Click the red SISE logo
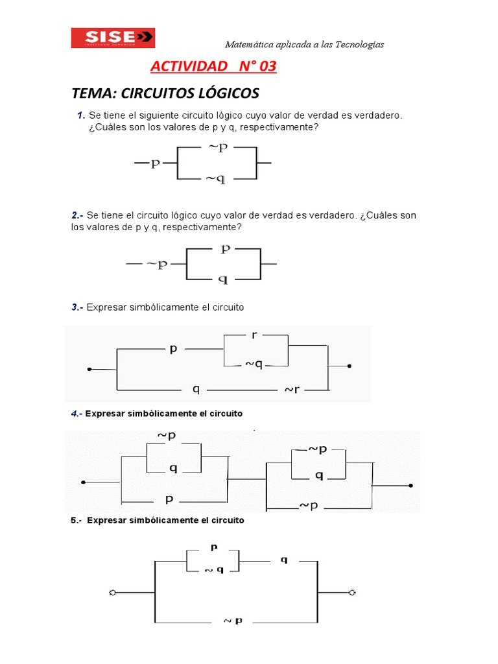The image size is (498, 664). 113,37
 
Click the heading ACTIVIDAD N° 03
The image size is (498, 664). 213,66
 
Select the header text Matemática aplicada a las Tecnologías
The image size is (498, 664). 304,44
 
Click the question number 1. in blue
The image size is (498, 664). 80,115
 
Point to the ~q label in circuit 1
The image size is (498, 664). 216,179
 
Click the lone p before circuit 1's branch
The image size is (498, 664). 156,163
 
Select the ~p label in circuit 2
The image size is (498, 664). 157,264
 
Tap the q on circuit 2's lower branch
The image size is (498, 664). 223,279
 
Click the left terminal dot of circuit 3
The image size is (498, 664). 89,369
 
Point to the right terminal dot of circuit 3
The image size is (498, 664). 350,366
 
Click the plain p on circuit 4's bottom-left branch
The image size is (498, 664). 169,499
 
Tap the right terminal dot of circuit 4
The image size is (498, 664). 410,484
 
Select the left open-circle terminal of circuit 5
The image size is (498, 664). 112,593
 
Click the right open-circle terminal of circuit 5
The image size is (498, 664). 352,593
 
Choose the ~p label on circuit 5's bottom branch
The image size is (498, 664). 233,621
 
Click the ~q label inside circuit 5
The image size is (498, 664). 214,569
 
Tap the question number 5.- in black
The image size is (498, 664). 76,520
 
